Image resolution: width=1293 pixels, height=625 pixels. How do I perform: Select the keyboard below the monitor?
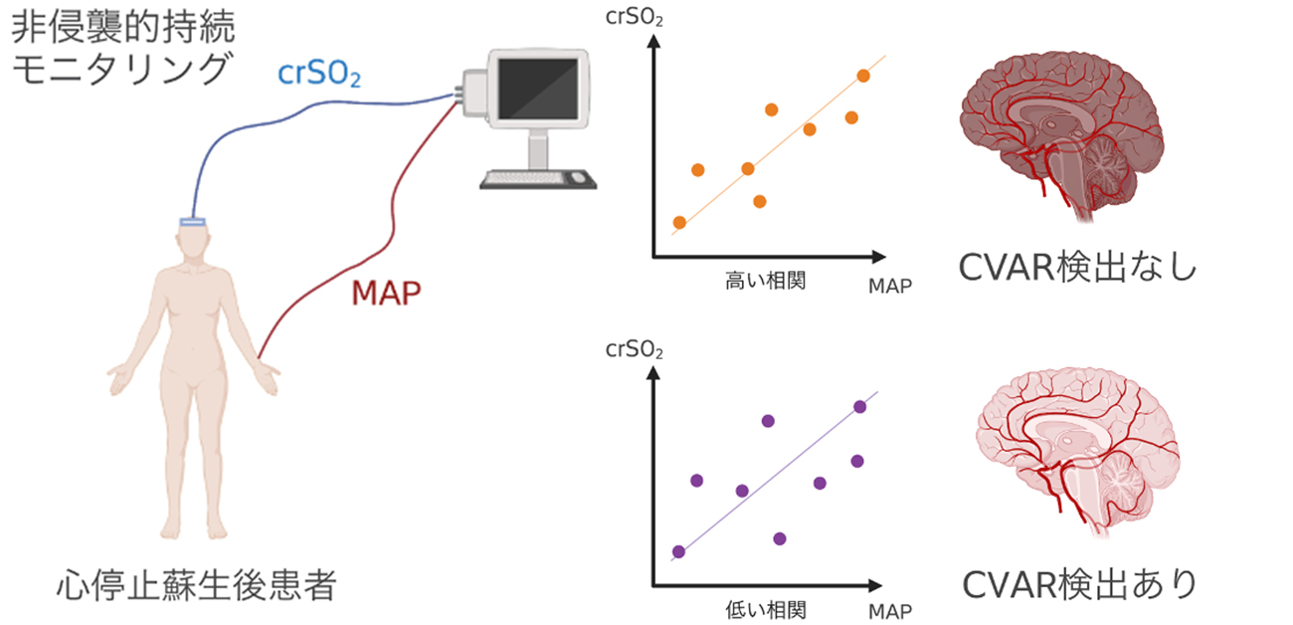[x=531, y=179]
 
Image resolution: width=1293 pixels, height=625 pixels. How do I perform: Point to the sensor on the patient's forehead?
[x=192, y=221]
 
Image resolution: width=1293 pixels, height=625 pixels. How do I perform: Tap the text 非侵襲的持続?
[x=116, y=26]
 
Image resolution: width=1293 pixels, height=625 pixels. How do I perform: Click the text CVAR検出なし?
[x=1078, y=268]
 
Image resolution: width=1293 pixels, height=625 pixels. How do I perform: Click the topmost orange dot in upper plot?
[x=862, y=76]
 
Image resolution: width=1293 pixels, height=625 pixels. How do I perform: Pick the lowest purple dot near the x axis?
[x=779, y=538]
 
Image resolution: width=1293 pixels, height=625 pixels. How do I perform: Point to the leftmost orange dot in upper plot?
[x=679, y=222]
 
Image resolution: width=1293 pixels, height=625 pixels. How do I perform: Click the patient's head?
[x=192, y=244]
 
